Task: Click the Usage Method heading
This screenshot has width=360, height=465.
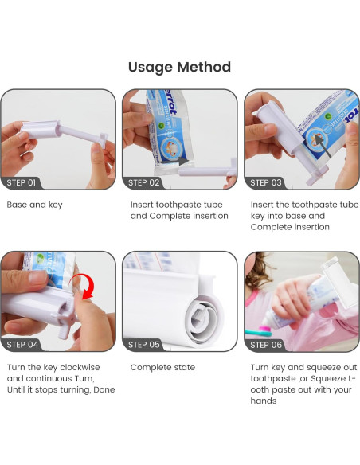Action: click(179, 68)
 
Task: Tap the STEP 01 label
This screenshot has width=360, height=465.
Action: click(21, 182)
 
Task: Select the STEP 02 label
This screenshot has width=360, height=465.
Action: click(144, 182)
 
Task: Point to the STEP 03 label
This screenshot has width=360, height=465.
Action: click(266, 182)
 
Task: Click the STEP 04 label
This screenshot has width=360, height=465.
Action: click(22, 345)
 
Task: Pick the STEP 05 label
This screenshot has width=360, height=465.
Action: click(144, 345)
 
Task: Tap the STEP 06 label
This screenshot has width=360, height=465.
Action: click(266, 345)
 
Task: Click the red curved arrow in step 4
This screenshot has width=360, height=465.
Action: click(89, 283)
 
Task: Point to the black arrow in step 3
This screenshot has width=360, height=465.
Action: click(323, 146)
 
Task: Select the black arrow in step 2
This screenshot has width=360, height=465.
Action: click(175, 162)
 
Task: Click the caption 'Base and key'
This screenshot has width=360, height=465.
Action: click(34, 205)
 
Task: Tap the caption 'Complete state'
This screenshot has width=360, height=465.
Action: click(162, 367)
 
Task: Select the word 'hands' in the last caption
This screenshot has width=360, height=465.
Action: click(264, 401)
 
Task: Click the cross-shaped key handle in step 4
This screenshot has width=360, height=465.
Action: click(64, 318)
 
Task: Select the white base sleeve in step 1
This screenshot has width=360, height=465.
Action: click(41, 129)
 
